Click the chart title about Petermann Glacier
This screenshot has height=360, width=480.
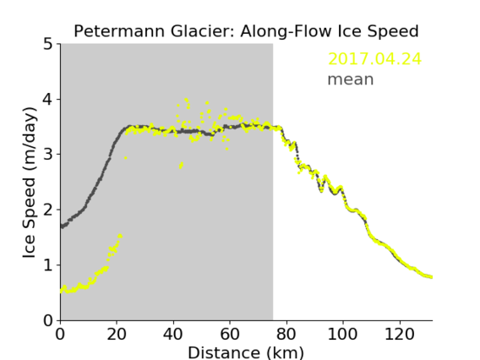(246, 31)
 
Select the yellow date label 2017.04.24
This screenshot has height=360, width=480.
(374, 59)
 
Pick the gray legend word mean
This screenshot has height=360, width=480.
(351, 79)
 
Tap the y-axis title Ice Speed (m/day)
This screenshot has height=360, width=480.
(30, 183)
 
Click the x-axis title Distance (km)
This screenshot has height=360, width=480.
(246, 352)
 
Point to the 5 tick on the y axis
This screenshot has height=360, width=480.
(48, 44)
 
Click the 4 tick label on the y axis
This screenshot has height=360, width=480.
(48, 99)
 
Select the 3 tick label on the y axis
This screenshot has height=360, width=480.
(48, 155)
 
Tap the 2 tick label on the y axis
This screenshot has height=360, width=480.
(48, 210)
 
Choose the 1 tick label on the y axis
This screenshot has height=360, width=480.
(48, 265)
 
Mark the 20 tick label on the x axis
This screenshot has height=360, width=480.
(117, 334)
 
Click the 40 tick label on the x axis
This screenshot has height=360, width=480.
(173, 334)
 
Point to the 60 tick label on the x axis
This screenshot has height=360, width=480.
(230, 334)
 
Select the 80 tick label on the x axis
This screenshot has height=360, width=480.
(286, 334)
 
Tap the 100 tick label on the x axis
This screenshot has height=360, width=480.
(342, 334)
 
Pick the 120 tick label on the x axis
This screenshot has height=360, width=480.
(399, 334)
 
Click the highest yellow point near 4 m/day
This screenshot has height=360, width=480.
(186, 100)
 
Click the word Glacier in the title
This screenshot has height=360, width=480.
(202, 31)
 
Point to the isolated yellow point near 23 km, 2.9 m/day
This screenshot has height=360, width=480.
(126, 158)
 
